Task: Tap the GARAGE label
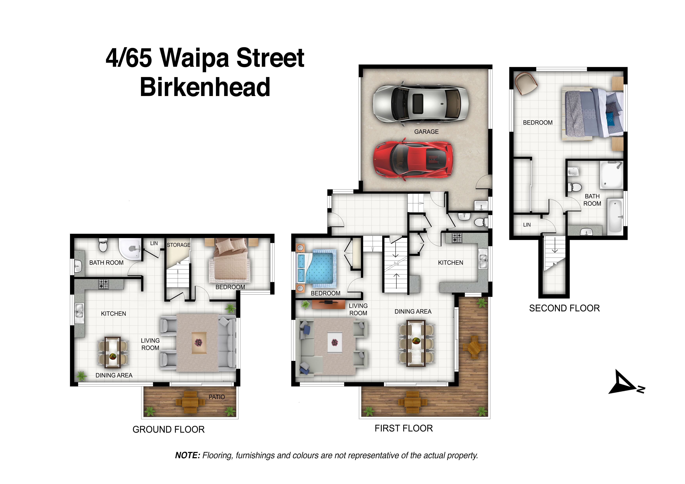pyautogui.click(x=426, y=132)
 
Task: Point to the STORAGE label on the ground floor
pyautogui.click(x=178, y=245)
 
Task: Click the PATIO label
pyautogui.click(x=217, y=397)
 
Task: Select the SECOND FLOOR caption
pyautogui.click(x=565, y=308)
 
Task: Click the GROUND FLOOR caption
pyautogui.click(x=169, y=429)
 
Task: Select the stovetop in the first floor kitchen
pyautogui.click(x=457, y=238)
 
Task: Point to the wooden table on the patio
pyautogui.click(x=190, y=402)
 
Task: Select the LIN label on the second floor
pyautogui.click(x=527, y=225)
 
